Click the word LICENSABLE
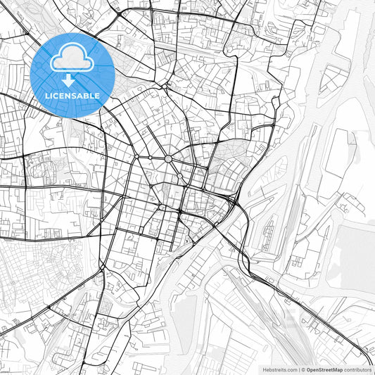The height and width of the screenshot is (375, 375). click(x=72, y=96)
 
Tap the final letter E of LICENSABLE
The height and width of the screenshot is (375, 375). click(x=98, y=96)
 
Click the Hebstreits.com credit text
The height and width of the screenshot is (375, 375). click(x=279, y=369)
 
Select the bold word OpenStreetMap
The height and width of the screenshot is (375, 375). click(x=324, y=369)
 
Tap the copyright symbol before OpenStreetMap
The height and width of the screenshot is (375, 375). click(x=303, y=369)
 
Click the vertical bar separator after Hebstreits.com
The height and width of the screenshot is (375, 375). click(x=298, y=369)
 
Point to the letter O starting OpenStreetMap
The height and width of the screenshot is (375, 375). click(x=308, y=369)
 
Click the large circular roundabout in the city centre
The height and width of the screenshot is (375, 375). click(x=169, y=159)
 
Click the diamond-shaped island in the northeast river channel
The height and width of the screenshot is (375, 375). click(x=331, y=78)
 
